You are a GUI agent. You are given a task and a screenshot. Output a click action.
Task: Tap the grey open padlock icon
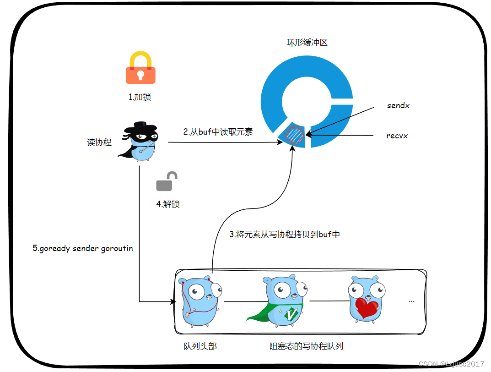pos(167,181)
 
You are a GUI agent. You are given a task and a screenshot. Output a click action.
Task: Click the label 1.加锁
pos(140,97)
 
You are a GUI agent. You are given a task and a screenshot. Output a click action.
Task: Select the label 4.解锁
pos(168,204)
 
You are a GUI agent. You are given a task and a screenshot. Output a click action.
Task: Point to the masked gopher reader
pos(140,142)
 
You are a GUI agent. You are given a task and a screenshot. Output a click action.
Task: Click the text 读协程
pos(99,142)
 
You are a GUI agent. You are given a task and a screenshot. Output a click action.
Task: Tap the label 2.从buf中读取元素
pos(218,132)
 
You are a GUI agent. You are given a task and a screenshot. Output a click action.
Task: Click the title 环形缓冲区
pos(307,43)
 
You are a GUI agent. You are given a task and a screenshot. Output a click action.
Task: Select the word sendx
pos(398,105)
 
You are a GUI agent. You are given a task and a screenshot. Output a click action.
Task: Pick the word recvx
pos(397,136)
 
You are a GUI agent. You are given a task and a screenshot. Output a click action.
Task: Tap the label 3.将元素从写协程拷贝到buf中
pos(285,234)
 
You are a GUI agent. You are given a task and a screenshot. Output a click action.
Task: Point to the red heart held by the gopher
pos(367,308)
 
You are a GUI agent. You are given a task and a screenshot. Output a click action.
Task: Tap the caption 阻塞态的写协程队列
pos(306,346)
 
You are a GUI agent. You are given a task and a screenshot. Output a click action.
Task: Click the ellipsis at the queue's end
pos(411,301)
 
